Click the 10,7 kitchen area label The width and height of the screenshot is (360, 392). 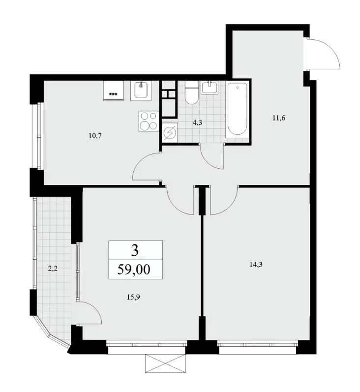click(x=95, y=136)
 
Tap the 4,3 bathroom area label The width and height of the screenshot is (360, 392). click(x=197, y=122)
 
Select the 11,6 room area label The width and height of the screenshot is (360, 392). click(x=279, y=118)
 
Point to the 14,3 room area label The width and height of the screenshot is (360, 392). click(x=256, y=265)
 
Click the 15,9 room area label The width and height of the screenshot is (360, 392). click(x=133, y=297)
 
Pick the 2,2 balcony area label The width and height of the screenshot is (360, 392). click(x=53, y=269)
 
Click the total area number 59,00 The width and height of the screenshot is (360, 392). click(x=134, y=270)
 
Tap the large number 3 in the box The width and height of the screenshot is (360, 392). click(x=135, y=250)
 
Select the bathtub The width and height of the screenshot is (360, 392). click(x=237, y=110)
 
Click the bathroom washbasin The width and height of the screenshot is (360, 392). click(x=210, y=87)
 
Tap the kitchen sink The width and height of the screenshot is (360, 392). click(x=141, y=90)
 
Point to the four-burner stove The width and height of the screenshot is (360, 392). click(x=149, y=121)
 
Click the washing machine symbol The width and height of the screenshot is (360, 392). click(x=170, y=133)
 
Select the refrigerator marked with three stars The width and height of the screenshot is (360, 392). click(x=114, y=90)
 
